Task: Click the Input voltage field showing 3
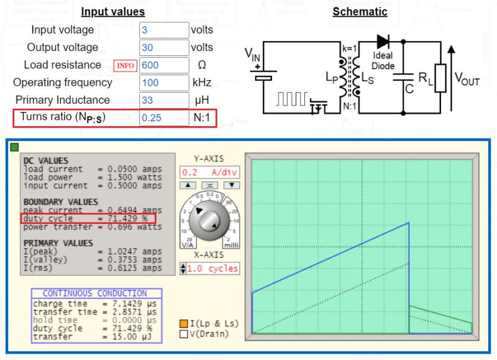[x=163, y=30]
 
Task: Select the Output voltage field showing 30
[x=163, y=47]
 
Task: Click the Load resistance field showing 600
[x=163, y=65]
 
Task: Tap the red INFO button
[x=125, y=65]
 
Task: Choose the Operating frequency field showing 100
[x=163, y=83]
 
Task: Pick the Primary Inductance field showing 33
[x=163, y=100]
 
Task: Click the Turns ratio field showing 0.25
[x=163, y=118]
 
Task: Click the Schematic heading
[x=360, y=11]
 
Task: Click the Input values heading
[x=113, y=12]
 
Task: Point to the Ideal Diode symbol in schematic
[x=383, y=42]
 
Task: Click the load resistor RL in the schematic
[x=440, y=78]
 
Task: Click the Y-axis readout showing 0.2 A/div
[x=209, y=172]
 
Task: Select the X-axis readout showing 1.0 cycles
[x=212, y=269]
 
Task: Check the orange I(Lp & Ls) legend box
[x=183, y=324]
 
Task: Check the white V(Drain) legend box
[x=183, y=334]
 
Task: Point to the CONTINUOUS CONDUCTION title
[x=95, y=293]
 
